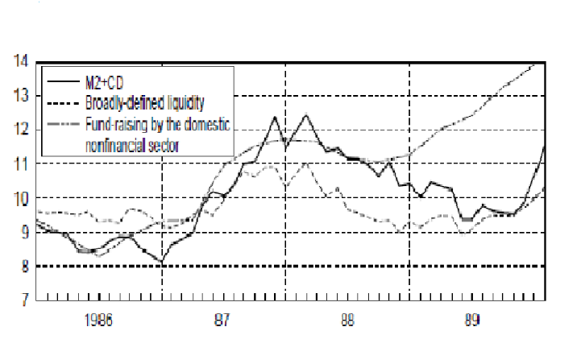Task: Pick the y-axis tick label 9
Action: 23,232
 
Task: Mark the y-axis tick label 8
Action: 23,266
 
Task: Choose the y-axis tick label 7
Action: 23,300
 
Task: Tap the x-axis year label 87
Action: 223,320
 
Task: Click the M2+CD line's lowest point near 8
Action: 162,263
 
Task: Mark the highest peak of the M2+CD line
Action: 305,115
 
